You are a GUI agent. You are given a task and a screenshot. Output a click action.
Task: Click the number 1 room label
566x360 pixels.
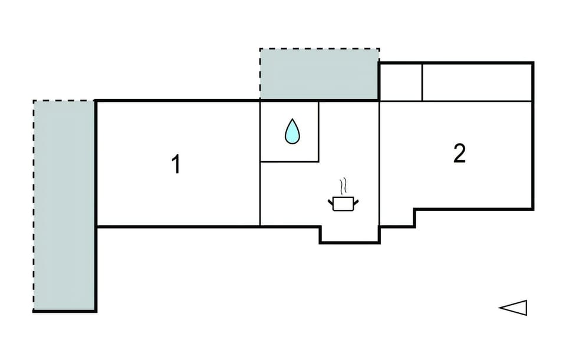coord(176,164)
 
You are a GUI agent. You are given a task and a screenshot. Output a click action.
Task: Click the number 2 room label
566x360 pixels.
coord(459,153)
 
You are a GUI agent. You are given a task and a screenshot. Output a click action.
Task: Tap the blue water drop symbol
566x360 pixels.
coord(292,131)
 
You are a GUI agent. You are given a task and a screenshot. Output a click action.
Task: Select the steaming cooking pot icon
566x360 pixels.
coord(343,195)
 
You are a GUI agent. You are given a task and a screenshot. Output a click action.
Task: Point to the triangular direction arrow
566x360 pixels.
coord(513,308)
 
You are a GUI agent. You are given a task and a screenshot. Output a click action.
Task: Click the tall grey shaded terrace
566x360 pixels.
coord(64,206)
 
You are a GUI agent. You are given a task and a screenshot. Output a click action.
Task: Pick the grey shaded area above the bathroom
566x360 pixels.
coord(319,74)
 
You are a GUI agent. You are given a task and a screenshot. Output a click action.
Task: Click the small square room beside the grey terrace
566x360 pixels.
coord(401,82)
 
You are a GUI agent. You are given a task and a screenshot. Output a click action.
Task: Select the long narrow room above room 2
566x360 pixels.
coord(477,82)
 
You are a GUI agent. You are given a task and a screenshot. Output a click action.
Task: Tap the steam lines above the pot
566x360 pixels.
coord(344,186)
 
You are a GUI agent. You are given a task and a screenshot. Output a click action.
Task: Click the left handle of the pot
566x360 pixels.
coord(330,202)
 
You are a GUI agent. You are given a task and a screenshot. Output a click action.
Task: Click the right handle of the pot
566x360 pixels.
coord(356,202)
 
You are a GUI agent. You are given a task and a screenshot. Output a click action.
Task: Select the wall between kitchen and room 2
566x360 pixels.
coord(379,163)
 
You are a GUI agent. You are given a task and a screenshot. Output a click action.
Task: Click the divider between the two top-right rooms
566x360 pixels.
coord(422,82)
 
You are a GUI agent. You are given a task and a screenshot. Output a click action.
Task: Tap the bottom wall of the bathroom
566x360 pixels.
coord(289,161)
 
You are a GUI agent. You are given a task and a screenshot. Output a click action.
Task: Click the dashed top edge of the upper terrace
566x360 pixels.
coord(320,49)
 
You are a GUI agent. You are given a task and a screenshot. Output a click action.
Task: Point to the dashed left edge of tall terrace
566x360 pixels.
coord(34,206)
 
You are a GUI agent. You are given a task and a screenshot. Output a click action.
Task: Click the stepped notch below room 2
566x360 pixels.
coord(414,218)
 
